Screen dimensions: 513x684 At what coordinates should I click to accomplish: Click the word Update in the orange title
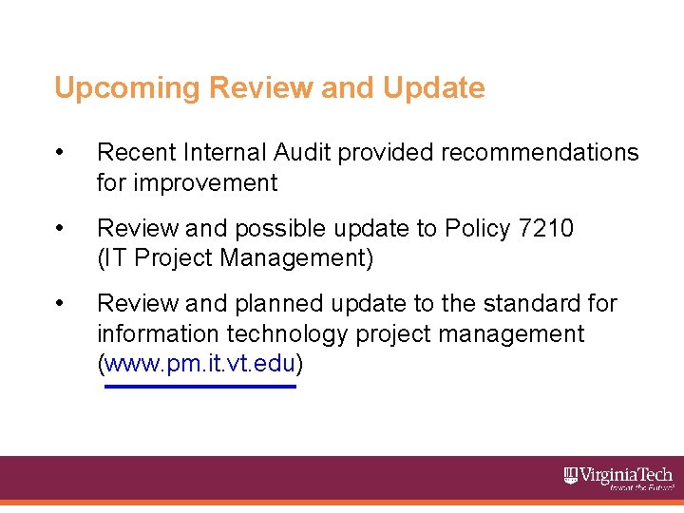click(434, 88)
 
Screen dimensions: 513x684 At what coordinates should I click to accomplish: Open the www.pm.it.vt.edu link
click(200, 363)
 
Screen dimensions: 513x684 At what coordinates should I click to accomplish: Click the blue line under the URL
click(200, 387)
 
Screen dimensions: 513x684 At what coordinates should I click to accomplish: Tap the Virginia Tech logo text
click(626, 475)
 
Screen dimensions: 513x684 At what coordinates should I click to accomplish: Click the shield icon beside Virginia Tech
click(571, 474)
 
